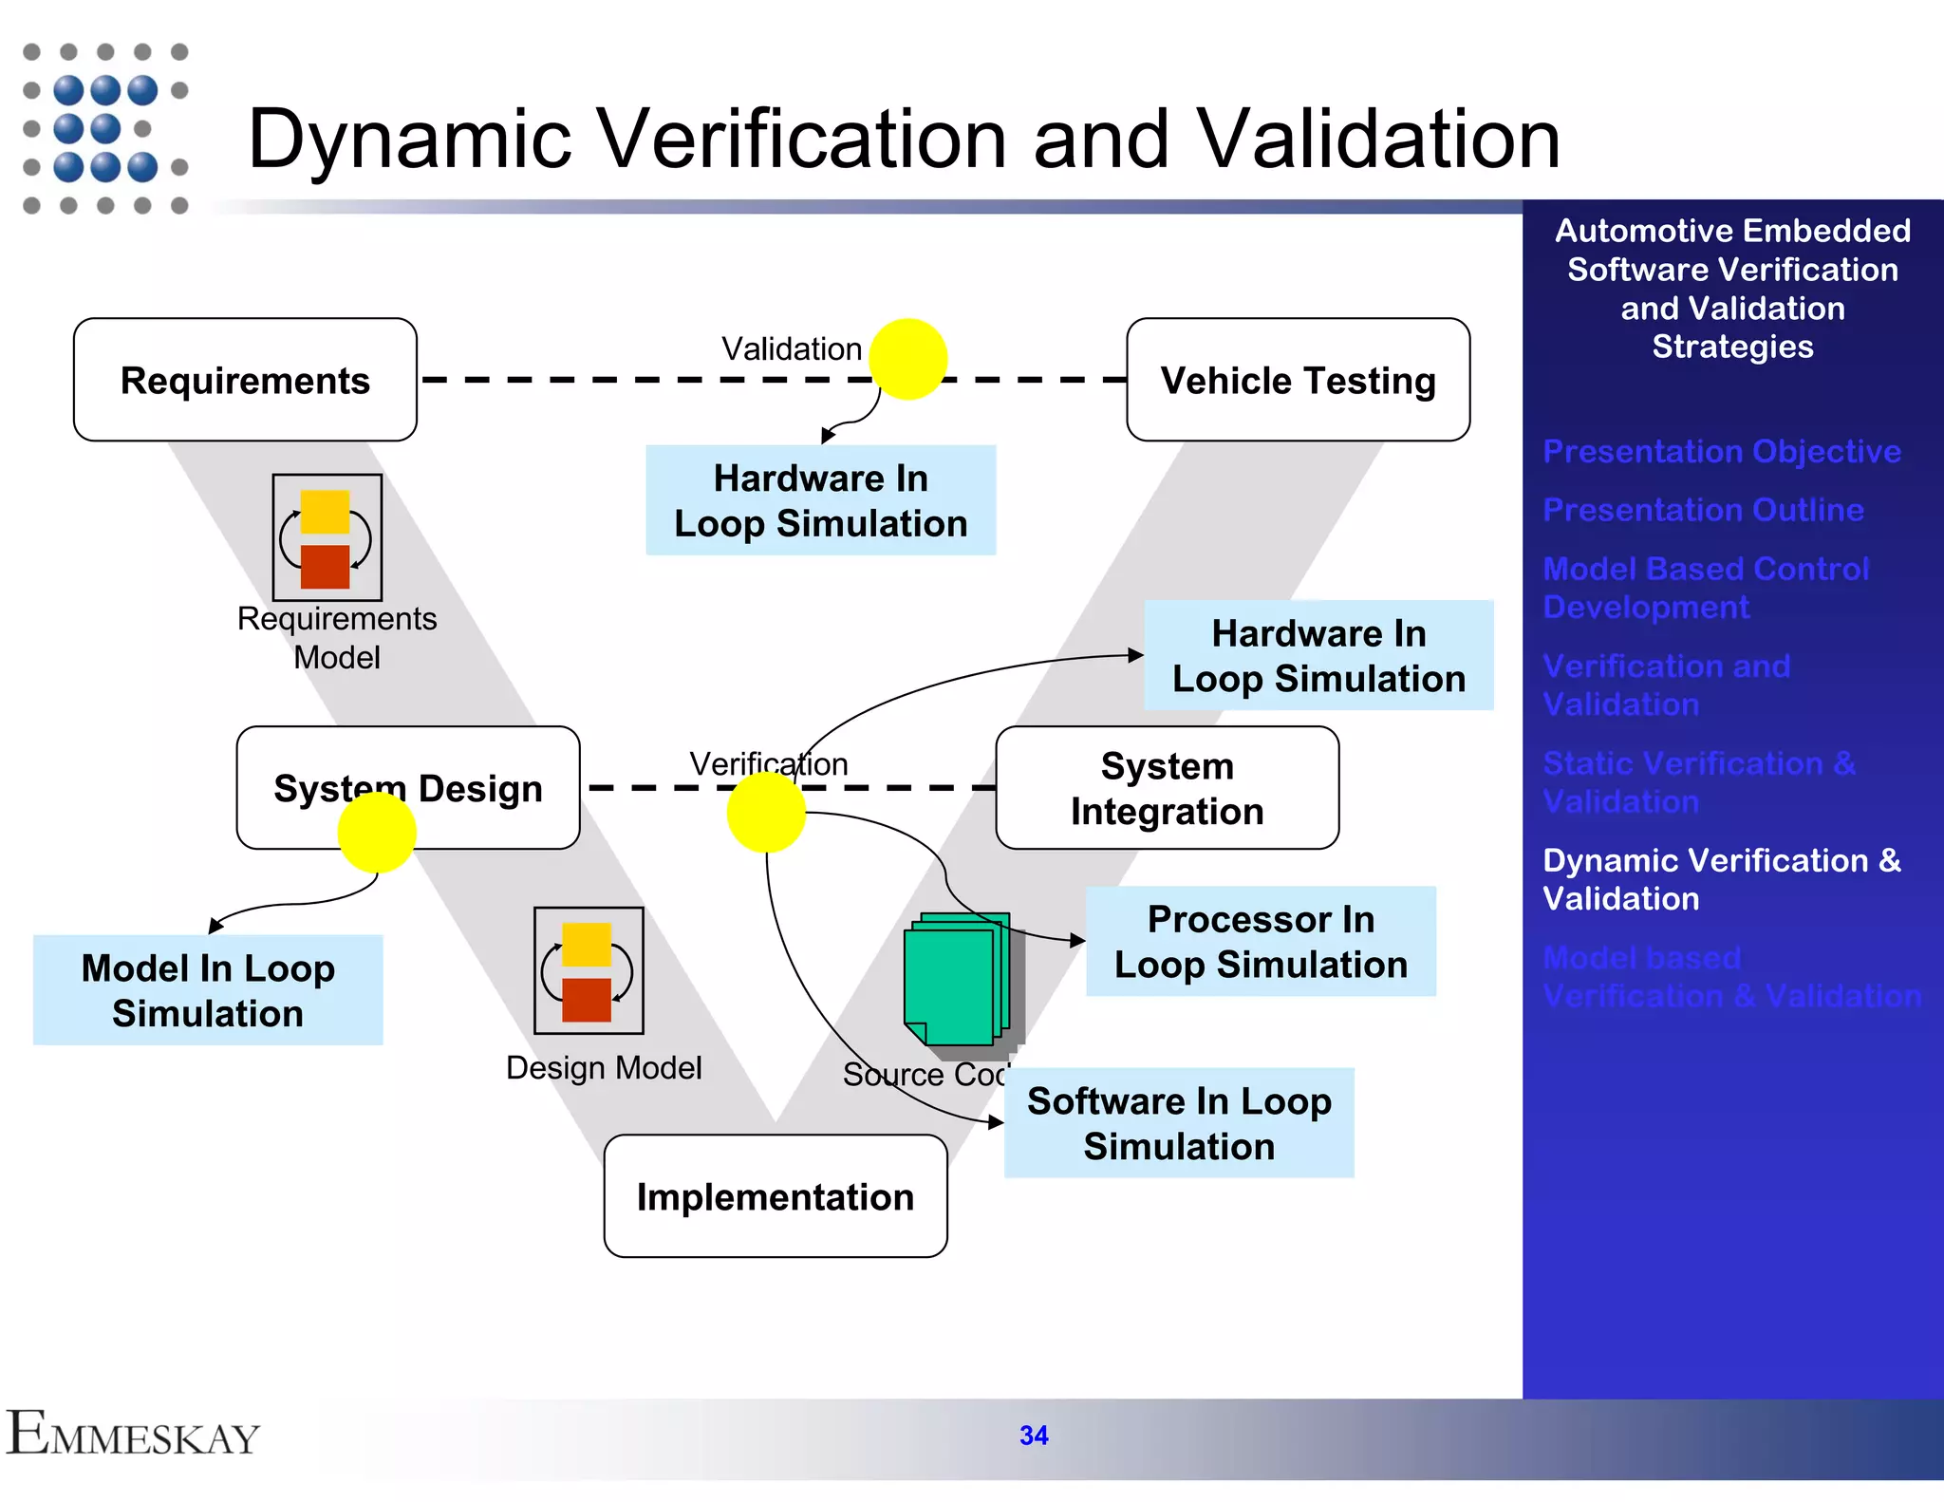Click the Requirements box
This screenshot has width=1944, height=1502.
245,380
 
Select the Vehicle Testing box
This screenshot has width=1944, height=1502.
1298,380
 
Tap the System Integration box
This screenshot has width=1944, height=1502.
1167,788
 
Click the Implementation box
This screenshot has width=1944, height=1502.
775,1196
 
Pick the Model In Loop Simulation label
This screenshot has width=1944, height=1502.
208,990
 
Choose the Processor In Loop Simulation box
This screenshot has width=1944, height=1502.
1261,941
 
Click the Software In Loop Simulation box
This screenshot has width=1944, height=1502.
1179,1123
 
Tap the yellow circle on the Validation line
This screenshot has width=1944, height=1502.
908,359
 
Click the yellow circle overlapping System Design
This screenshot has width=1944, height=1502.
377,833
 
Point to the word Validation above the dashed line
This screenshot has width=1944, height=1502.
791,348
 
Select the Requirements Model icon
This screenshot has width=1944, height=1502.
327,537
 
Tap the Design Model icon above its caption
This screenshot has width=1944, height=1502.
589,969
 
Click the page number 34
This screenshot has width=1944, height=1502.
1034,1435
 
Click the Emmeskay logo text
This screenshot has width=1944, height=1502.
133,1434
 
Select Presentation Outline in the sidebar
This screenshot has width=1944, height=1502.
1703,510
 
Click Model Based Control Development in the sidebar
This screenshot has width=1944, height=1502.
1705,588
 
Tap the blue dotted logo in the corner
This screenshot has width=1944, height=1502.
104,128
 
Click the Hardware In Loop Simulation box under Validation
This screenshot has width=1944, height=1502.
820,500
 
